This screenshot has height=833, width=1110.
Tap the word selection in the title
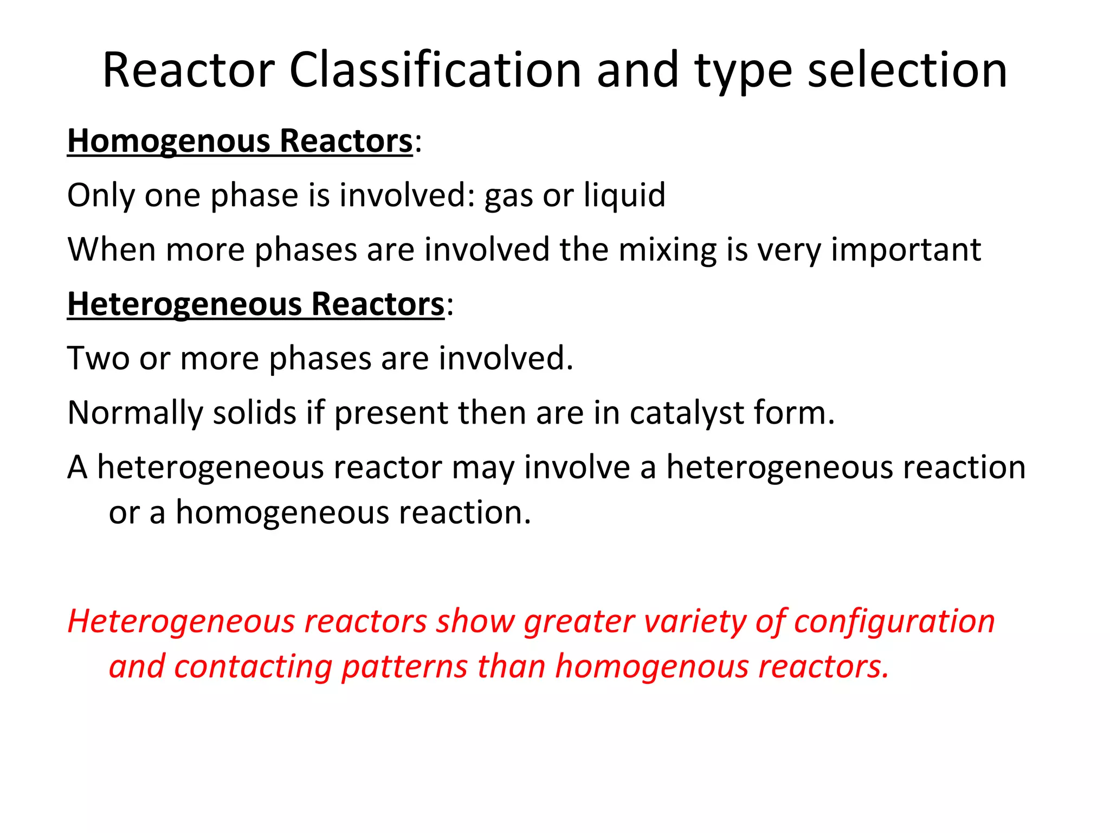click(x=907, y=70)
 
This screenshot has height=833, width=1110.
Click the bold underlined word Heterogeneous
click(x=184, y=304)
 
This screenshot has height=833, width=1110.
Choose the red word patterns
click(x=404, y=667)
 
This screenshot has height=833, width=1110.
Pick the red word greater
click(x=579, y=623)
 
